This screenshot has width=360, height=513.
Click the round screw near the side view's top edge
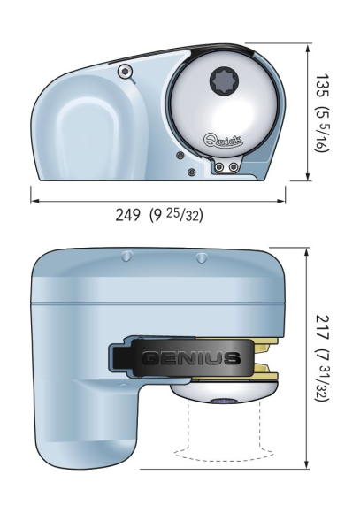pos(127,71)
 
